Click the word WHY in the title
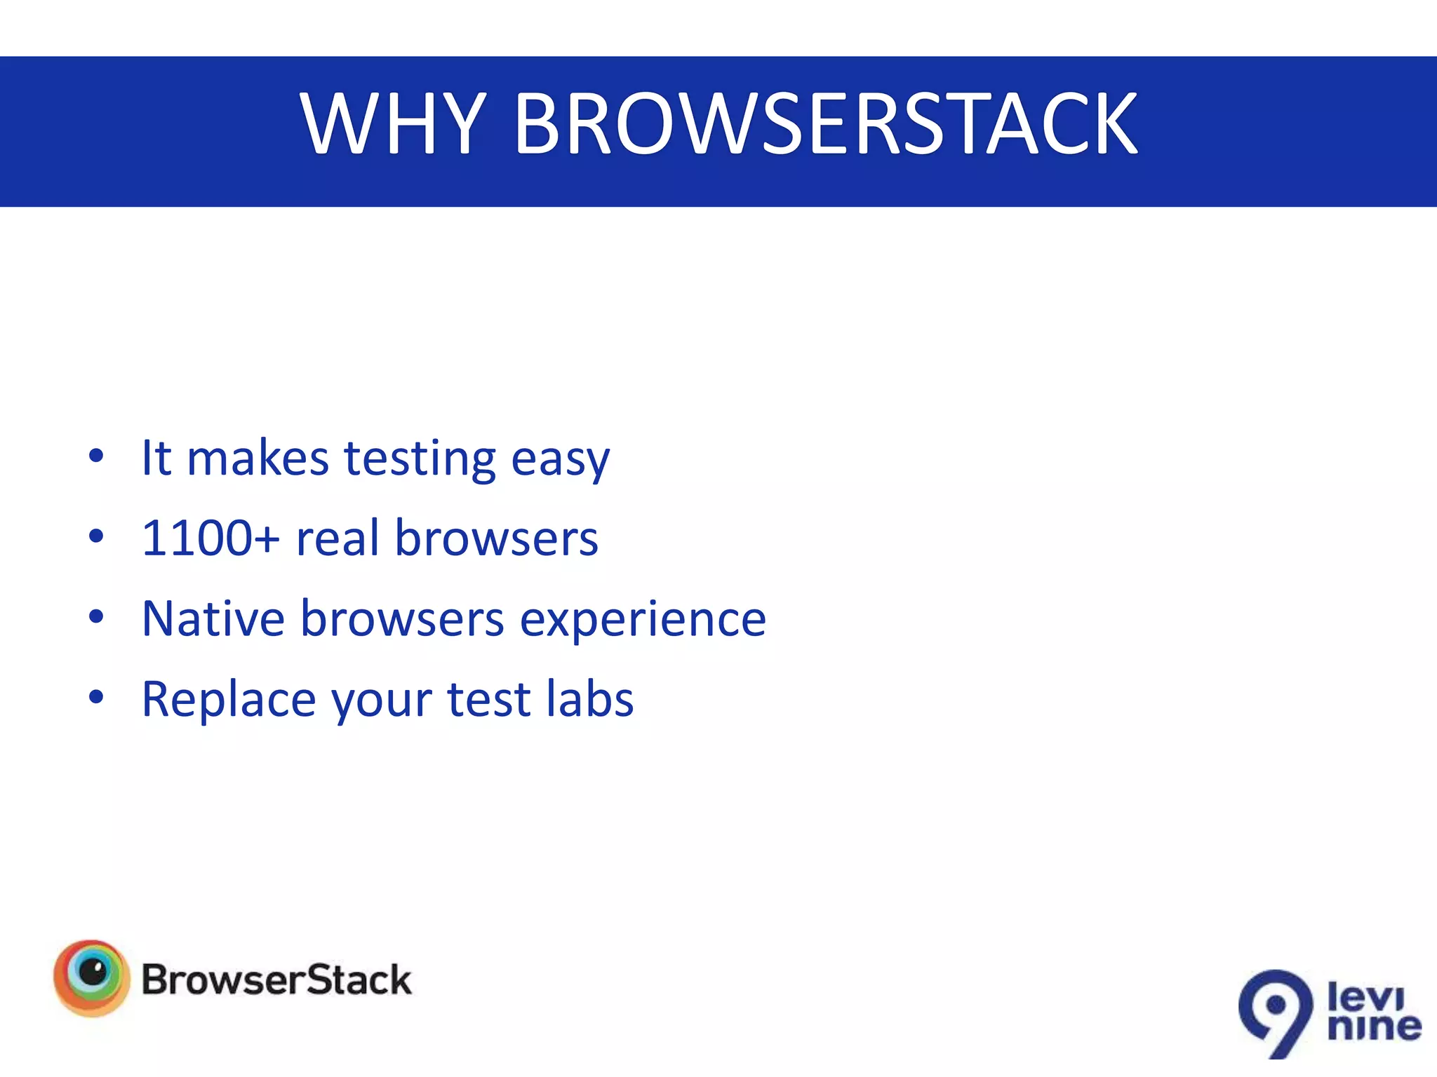pos(393,125)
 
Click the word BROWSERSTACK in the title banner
pos(826,125)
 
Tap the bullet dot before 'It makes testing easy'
pos(96,456)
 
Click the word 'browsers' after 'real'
pos(496,538)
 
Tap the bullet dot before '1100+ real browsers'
pos(96,537)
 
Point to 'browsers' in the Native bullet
pos(402,619)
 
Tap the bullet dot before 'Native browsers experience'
pos(96,617)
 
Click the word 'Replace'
pos(229,700)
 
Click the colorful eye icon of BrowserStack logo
pos(92,977)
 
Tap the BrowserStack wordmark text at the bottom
pos(276,980)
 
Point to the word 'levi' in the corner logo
pos(1365,996)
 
